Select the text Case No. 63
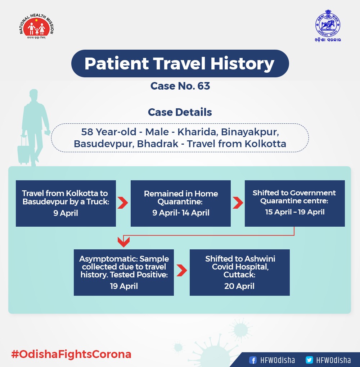click(180, 86)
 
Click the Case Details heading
click(180, 112)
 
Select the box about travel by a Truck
click(66, 203)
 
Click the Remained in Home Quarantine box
click(180, 203)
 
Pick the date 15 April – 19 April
click(295, 212)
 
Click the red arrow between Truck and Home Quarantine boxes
click(123, 203)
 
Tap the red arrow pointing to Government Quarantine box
click(238, 203)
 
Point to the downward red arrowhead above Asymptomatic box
click(123, 243)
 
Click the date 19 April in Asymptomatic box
click(123, 286)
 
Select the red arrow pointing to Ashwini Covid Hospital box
click(181, 271)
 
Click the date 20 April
click(239, 286)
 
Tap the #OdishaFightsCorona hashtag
click(71, 354)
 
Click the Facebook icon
click(253, 360)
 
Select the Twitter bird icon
click(309, 360)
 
